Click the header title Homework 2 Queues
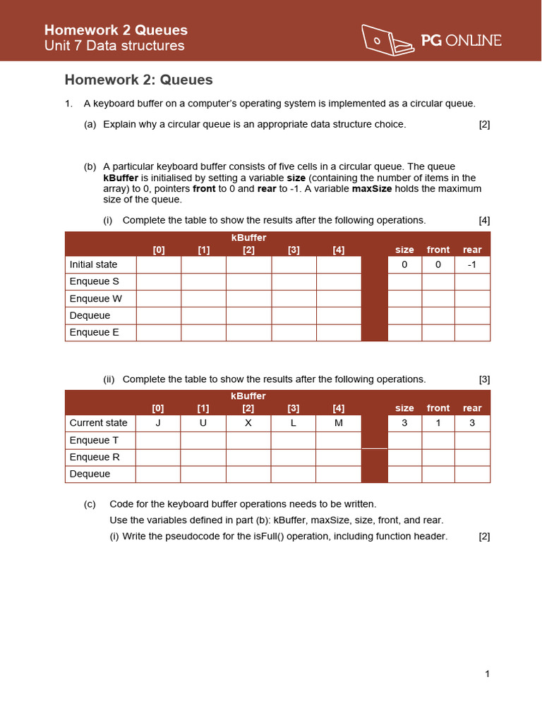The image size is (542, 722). pos(116,30)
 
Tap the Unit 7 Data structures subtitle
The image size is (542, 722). pos(114,46)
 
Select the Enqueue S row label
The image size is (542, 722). pos(95,281)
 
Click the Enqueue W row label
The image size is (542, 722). pos(95,298)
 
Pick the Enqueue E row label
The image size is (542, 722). pos(95,332)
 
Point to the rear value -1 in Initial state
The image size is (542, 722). pos(472,264)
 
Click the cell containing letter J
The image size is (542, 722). pos(158,423)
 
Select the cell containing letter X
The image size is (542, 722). pos(248,423)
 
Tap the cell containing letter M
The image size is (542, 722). pos(338,423)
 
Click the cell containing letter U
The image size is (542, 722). pos(203,423)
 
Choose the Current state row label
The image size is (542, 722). pos(99,423)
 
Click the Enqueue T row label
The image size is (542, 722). pos(95,440)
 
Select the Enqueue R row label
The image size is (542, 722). pos(95,457)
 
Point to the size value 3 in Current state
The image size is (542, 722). pos(404,423)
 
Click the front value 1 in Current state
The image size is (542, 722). pos(438,423)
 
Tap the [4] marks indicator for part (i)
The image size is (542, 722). pos(484,220)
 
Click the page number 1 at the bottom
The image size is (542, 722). pos(487,674)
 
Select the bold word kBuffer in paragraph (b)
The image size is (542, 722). pos(121,178)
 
